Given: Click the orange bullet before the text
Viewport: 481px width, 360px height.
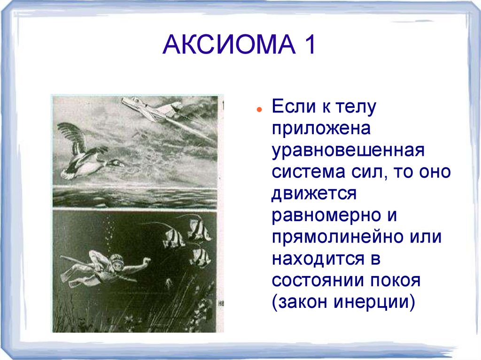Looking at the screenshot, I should click(x=259, y=109).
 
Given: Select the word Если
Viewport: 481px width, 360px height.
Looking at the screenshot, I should click(x=292, y=107).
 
